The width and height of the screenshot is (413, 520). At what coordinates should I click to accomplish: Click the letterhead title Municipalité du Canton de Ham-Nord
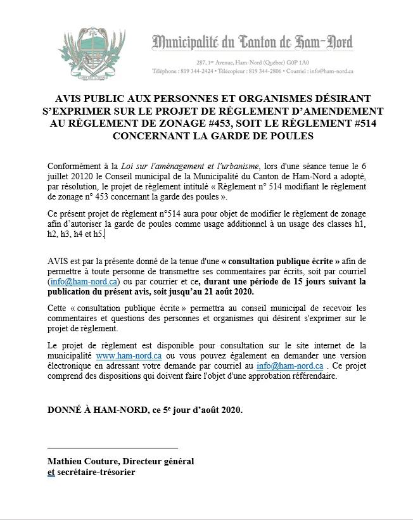252,43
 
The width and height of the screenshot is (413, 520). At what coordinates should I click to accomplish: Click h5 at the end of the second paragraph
98,235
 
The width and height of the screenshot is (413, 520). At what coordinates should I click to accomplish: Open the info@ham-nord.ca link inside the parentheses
84,281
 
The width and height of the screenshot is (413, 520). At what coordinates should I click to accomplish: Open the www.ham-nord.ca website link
129,357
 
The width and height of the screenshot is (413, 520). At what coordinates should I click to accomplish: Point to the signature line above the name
113,447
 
